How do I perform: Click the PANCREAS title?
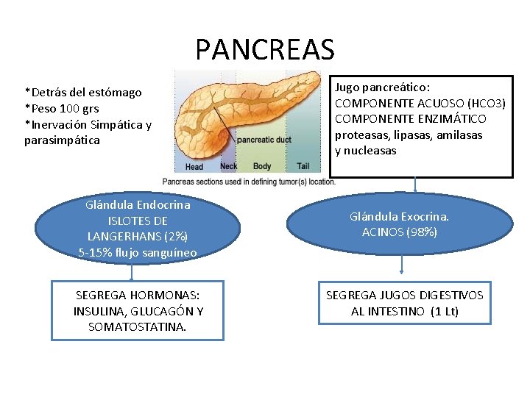click(265, 49)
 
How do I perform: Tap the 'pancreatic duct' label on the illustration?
click(264, 139)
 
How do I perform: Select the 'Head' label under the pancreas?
click(194, 167)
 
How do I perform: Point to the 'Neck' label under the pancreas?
click(228, 167)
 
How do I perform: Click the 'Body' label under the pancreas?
click(262, 167)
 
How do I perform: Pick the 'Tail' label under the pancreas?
click(303, 167)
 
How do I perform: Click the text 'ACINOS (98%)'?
click(400, 232)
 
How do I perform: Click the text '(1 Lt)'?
click(442, 311)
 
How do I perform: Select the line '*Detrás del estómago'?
click(82, 93)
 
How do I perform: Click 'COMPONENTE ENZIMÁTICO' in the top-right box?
click(411, 119)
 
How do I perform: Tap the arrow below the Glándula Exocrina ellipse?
click(400, 265)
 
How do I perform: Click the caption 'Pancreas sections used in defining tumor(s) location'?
click(248, 181)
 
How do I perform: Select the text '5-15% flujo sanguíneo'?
click(138, 253)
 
